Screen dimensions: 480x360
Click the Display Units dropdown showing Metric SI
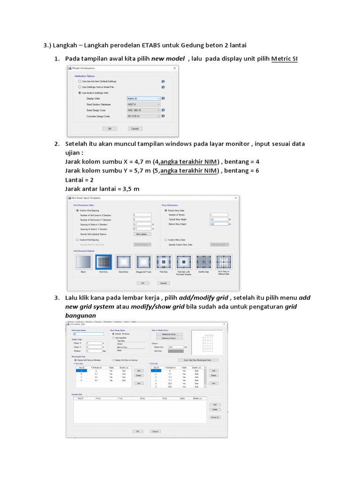(143, 99)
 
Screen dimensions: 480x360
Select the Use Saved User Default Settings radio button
(79, 81)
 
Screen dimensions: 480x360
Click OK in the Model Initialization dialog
(110, 128)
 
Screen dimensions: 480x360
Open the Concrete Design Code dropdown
(143, 116)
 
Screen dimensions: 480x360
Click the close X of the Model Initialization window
(175, 68)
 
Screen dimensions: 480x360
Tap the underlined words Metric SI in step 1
(285, 59)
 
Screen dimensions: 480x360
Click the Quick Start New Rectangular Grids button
(201, 360)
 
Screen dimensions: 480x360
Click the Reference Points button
(169, 334)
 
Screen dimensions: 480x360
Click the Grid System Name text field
(88, 334)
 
